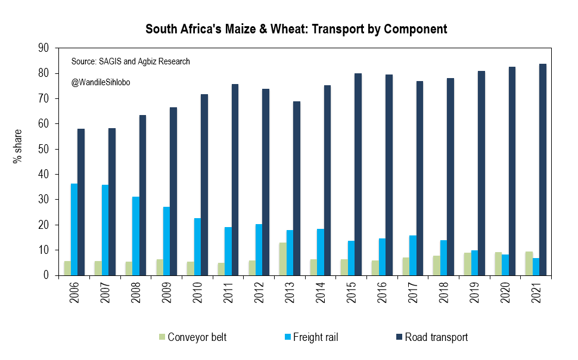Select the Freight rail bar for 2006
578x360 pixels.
(74, 229)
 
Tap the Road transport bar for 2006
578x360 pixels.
(81, 202)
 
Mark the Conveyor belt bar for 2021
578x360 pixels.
(529, 263)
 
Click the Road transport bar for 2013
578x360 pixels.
(297, 188)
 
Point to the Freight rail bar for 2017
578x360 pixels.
(413, 256)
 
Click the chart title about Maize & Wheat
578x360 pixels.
(296, 29)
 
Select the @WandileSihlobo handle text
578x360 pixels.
(100, 82)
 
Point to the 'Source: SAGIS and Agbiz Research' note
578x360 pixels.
(130, 61)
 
